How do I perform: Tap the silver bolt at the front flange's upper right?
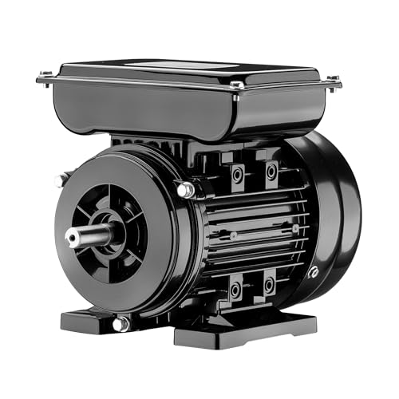click(185, 190)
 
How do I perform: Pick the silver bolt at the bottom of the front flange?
click(120, 323)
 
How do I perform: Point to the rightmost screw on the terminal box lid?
click(333, 81)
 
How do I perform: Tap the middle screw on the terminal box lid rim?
click(236, 85)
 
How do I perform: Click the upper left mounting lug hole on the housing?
click(236, 173)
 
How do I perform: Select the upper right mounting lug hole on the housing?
click(272, 171)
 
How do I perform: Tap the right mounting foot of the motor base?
click(247, 327)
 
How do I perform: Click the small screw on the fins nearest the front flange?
click(233, 235)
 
